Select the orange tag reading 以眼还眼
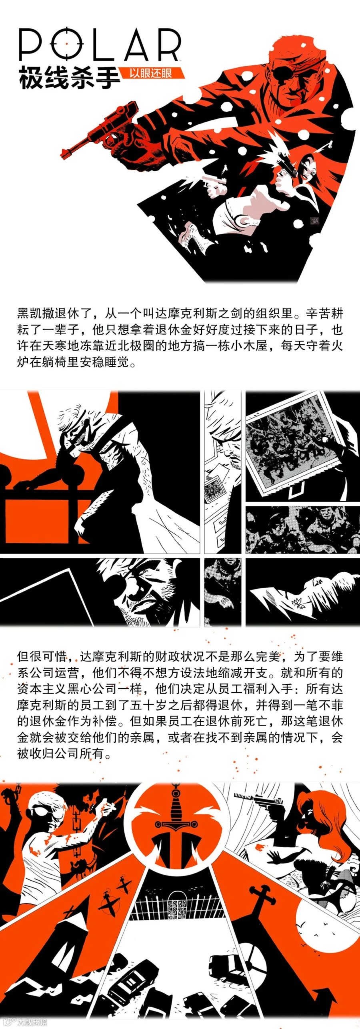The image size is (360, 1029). point(152,73)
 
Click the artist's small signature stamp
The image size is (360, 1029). point(315,220)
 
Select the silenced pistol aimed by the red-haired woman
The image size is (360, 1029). point(260,800)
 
